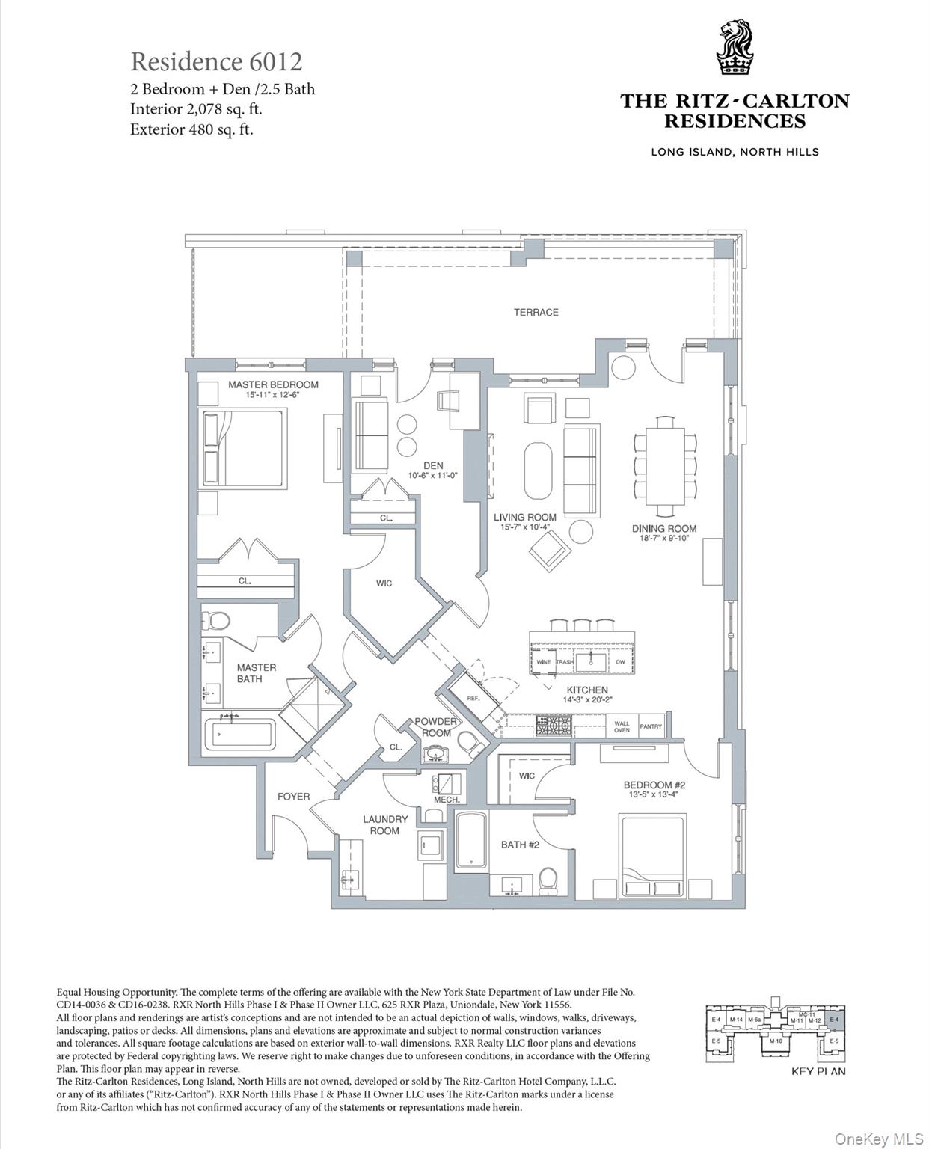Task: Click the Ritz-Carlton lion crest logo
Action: point(734,49)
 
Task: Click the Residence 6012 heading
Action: point(216,61)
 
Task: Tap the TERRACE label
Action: point(536,312)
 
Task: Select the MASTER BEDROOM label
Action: point(273,384)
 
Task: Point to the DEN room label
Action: point(433,465)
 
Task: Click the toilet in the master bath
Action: point(218,620)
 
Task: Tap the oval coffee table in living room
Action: point(538,471)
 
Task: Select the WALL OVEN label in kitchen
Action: point(622,726)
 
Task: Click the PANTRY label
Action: point(651,726)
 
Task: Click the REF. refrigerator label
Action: point(473,697)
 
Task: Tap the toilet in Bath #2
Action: point(548,880)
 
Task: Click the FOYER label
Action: point(293,797)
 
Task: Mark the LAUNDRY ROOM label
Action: point(385,825)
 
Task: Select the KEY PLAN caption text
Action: point(818,1071)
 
